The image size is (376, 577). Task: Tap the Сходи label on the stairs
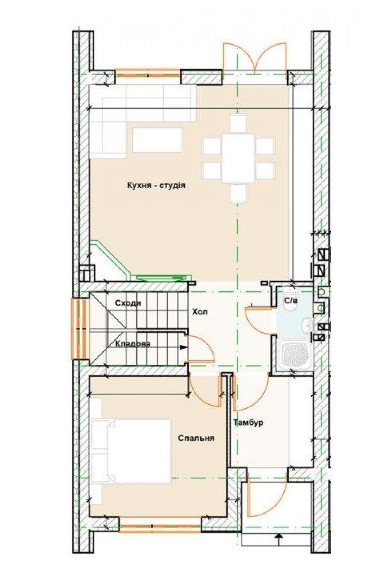(x=128, y=303)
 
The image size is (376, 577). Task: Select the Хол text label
(x=200, y=312)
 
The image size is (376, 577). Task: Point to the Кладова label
(x=133, y=344)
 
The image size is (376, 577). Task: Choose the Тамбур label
(x=249, y=423)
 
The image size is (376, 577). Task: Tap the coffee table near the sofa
(x=157, y=140)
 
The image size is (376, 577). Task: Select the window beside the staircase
(x=80, y=329)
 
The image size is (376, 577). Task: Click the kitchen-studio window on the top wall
(x=147, y=75)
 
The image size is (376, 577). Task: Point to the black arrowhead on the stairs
(x=183, y=347)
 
